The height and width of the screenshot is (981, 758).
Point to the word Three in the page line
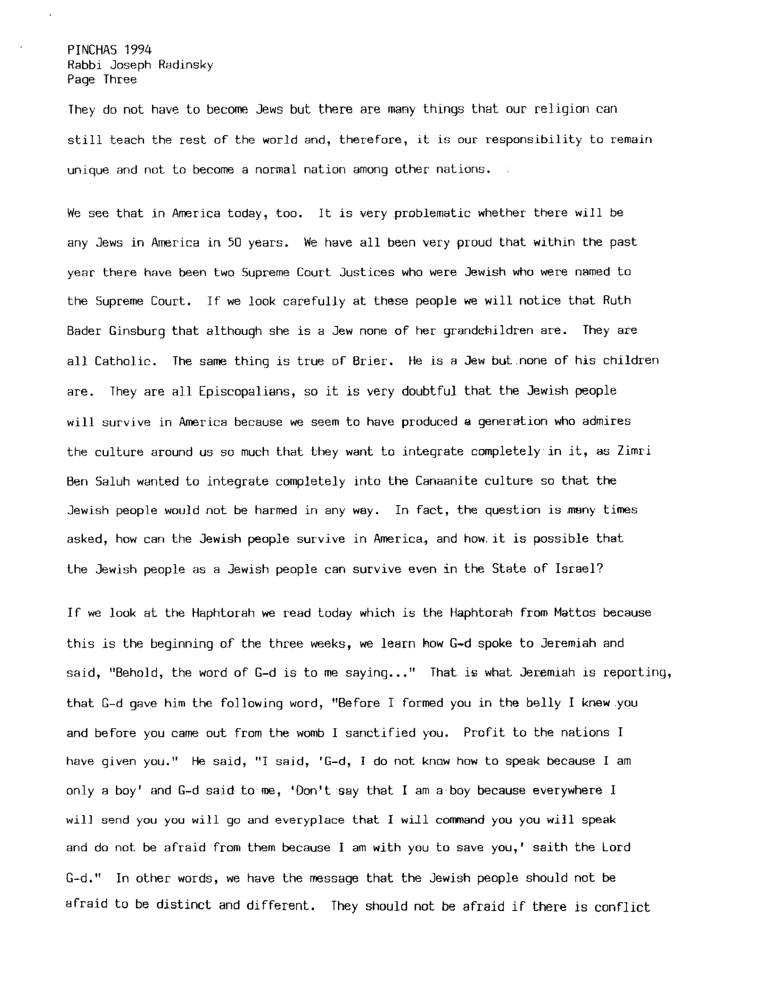[120, 79]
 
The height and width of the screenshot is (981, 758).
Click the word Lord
[616, 847]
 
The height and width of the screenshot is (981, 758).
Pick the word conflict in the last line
[622, 907]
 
